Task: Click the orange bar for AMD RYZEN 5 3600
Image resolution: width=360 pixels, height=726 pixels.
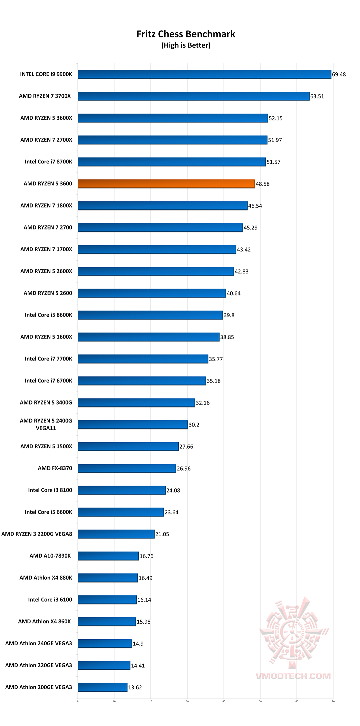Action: click(x=166, y=184)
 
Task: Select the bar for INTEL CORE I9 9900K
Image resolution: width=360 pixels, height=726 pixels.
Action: click(x=204, y=74)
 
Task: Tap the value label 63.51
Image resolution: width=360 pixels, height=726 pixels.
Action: click(x=317, y=96)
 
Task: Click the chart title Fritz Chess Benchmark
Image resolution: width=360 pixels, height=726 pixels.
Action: click(x=186, y=34)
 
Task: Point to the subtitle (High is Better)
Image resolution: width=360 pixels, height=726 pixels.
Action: click(x=186, y=45)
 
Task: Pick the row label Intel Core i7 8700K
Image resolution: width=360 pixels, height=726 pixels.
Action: click(x=48, y=162)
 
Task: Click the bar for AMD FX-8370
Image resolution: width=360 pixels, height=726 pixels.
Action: click(x=127, y=468)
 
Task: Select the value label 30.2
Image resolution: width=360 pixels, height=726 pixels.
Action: click(x=194, y=425)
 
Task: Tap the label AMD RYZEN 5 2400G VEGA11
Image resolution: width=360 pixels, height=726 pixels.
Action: click(x=46, y=424)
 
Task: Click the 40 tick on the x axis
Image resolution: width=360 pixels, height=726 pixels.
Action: click(x=224, y=701)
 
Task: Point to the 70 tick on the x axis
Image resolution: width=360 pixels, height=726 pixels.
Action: click(x=333, y=701)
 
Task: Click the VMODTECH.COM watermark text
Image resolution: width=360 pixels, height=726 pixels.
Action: click(x=293, y=676)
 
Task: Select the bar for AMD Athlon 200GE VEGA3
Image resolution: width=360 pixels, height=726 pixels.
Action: click(x=102, y=687)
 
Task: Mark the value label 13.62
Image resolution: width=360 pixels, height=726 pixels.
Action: click(x=135, y=688)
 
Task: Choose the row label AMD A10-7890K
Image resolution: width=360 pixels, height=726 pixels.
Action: click(x=50, y=556)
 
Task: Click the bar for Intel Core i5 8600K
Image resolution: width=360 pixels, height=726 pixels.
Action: click(x=150, y=315)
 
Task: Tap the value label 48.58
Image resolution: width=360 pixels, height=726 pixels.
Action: click(x=263, y=184)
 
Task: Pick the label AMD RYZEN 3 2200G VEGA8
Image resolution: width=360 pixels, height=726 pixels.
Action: click(x=37, y=534)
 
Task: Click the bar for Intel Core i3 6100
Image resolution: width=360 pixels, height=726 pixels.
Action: click(x=107, y=600)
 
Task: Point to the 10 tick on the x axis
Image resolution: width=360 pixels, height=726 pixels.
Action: click(x=114, y=701)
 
